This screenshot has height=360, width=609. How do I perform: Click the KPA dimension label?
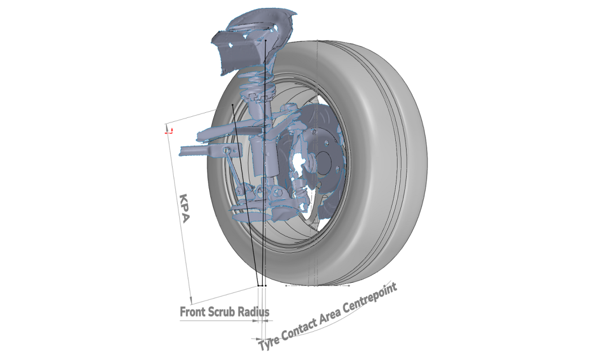tap(184, 208)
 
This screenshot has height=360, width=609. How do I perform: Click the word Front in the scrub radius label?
tap(193, 311)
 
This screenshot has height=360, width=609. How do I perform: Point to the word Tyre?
tap(269, 341)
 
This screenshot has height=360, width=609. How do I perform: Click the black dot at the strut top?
tap(265, 40)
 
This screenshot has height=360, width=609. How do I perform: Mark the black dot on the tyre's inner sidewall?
tap(232, 104)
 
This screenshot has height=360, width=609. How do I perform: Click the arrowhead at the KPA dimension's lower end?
tap(191, 301)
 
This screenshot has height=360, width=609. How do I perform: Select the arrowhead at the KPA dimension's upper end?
tap(166, 127)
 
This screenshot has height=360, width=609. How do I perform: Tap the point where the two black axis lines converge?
tap(260, 286)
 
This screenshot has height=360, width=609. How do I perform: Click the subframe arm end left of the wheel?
tap(187, 151)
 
